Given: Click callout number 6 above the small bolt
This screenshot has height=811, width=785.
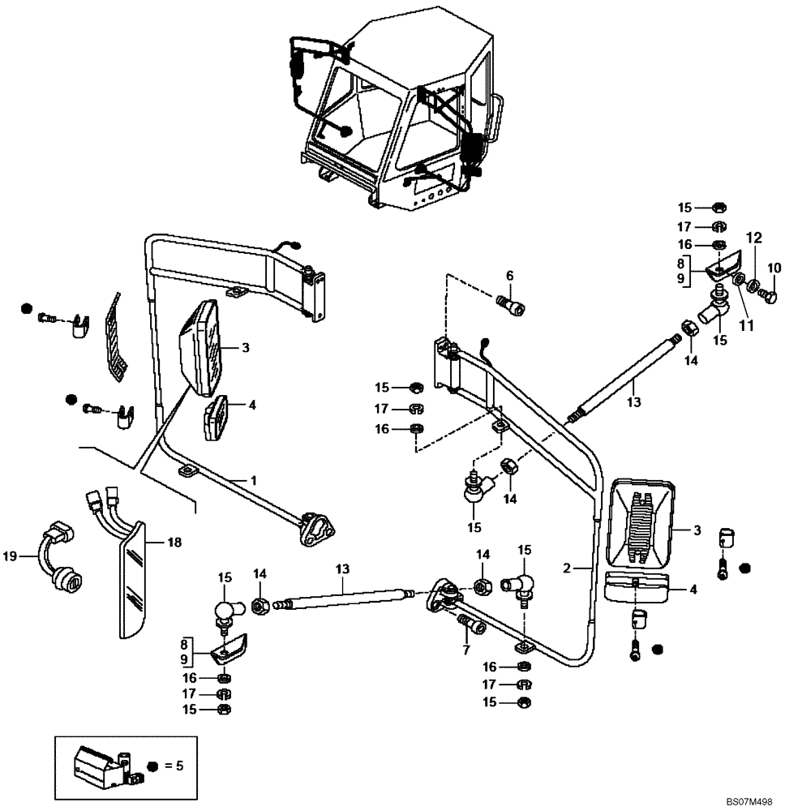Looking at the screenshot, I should coord(509,277).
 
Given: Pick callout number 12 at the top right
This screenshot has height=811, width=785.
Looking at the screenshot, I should coord(754,238).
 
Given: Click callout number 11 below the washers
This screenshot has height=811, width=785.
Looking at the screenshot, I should coord(745,326).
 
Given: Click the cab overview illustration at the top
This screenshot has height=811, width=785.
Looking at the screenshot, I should coord(397,114).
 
